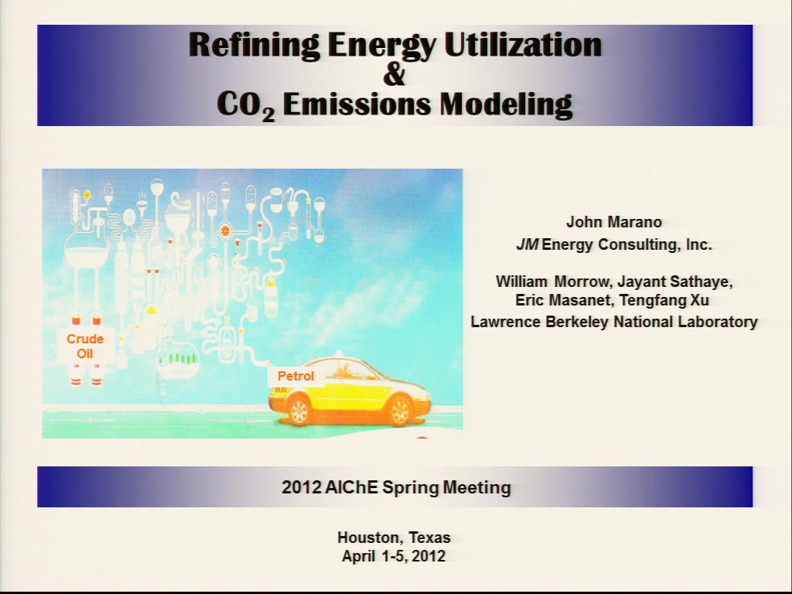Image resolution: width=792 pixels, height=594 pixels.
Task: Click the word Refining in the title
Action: (x=254, y=46)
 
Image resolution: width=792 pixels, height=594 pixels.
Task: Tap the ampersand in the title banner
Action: (x=394, y=74)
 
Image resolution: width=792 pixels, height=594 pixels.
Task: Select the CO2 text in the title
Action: (x=246, y=105)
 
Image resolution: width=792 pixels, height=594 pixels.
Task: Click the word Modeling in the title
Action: (x=506, y=105)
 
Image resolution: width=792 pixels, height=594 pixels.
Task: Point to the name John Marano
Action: (x=613, y=222)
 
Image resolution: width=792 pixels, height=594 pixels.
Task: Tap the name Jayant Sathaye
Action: (x=674, y=282)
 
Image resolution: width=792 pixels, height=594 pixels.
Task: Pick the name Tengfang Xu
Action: (x=664, y=300)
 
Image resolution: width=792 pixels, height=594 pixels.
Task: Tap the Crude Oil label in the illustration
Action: (x=85, y=346)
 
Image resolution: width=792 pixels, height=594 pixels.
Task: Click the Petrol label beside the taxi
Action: (x=296, y=377)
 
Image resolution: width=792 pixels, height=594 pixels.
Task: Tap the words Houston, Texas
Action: (x=394, y=538)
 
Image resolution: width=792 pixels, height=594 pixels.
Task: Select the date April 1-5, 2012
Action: (x=394, y=556)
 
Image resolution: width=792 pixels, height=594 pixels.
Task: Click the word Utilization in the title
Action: (x=523, y=44)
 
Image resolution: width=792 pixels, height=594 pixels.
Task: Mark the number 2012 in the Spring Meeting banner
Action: (x=302, y=487)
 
